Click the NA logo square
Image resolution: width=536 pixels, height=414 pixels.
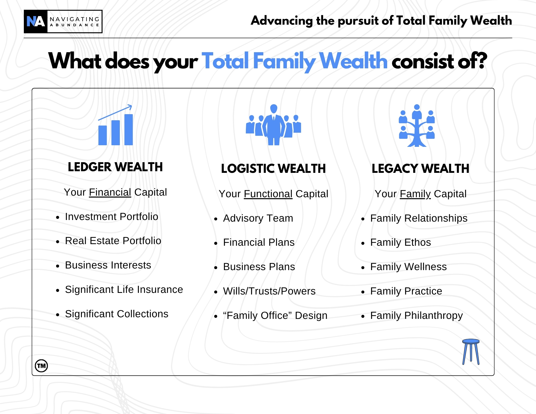tap(36, 21)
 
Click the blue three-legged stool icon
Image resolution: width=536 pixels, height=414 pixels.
tap(471, 352)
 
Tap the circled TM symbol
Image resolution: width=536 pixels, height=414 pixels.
tap(41, 366)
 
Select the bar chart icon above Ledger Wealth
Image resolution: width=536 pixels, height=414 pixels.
tap(116, 125)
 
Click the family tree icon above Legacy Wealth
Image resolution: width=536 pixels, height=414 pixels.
tap(417, 125)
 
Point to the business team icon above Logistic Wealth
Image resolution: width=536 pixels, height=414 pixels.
tap(273, 125)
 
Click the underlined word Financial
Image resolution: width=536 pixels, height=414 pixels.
tap(110, 192)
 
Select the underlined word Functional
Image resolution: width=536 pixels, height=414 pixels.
tap(268, 194)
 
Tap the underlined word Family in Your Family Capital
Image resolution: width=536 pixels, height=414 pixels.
tap(415, 194)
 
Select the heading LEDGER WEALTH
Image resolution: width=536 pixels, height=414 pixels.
tap(115, 167)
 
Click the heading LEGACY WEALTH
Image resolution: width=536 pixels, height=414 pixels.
tap(420, 169)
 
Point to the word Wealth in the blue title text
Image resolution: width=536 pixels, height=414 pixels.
tap(353, 61)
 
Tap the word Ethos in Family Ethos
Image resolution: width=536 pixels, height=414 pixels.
tap(417, 243)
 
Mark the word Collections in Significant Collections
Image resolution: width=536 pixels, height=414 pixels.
tap(142, 314)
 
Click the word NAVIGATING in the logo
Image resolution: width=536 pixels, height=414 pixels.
tap(75, 19)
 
